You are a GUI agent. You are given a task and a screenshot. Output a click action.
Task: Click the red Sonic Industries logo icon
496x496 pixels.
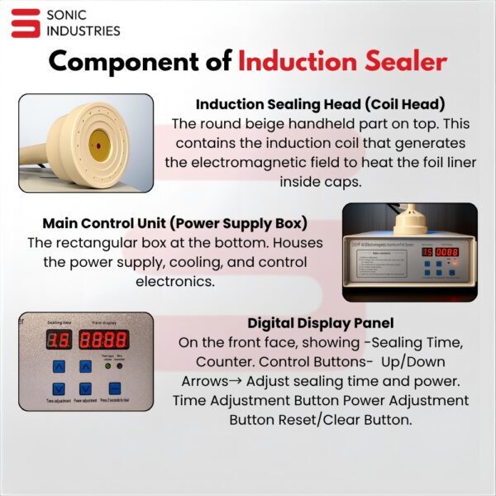26,22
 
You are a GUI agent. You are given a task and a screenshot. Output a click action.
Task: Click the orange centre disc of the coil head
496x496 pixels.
100,144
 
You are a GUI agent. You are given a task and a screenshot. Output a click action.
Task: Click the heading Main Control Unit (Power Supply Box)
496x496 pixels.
174,224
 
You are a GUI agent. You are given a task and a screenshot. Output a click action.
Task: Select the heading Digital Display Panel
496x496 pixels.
320,322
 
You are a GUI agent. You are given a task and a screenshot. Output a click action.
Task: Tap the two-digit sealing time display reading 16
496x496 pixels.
58,339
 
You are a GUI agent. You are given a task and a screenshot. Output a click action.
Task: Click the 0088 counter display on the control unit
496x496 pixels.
447,251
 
